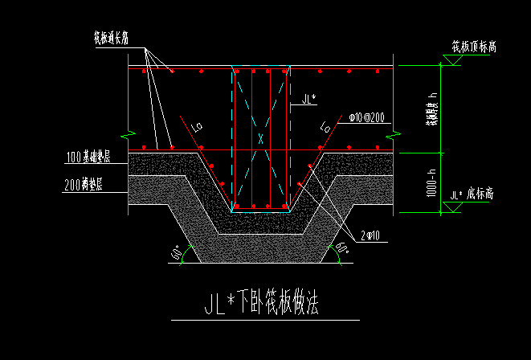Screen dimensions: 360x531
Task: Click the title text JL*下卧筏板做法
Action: coord(263,304)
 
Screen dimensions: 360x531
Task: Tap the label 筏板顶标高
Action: coord(473,47)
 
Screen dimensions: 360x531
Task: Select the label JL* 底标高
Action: coord(474,194)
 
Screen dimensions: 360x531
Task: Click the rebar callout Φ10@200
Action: coord(366,117)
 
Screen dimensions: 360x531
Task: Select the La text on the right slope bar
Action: coord(325,126)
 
